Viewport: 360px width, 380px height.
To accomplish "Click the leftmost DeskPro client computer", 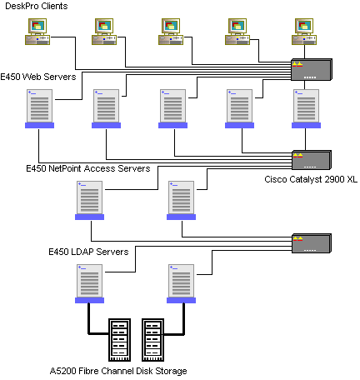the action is pos(37,32).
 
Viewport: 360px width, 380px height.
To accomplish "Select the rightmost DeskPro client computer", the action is pos(304,32).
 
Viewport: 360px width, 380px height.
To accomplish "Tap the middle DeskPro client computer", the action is pos(171,32).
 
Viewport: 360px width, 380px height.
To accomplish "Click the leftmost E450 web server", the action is pos(39,108).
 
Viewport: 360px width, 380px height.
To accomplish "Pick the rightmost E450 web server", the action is pos(306,108).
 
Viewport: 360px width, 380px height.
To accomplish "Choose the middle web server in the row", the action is pos(172,108).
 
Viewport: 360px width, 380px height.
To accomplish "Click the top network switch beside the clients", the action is pos(312,69).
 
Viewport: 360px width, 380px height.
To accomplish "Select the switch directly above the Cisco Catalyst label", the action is pos(312,160).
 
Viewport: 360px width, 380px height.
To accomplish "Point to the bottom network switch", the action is pos(312,243).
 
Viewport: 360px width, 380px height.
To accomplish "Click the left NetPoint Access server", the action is pos(89,200).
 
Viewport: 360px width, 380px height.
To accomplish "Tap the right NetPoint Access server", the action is pos(181,200).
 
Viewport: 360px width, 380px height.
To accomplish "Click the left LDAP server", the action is pos(89,283).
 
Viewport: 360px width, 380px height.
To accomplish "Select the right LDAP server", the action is pos(181,283).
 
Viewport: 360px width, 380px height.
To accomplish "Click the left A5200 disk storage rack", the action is pos(119,340).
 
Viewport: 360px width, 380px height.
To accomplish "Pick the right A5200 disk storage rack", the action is pos(152,340).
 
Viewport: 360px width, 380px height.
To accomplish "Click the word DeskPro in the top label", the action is pos(22,6).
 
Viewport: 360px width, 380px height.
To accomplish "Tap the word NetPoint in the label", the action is pos(65,168).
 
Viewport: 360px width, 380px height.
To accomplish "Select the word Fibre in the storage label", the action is pos(88,371).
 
